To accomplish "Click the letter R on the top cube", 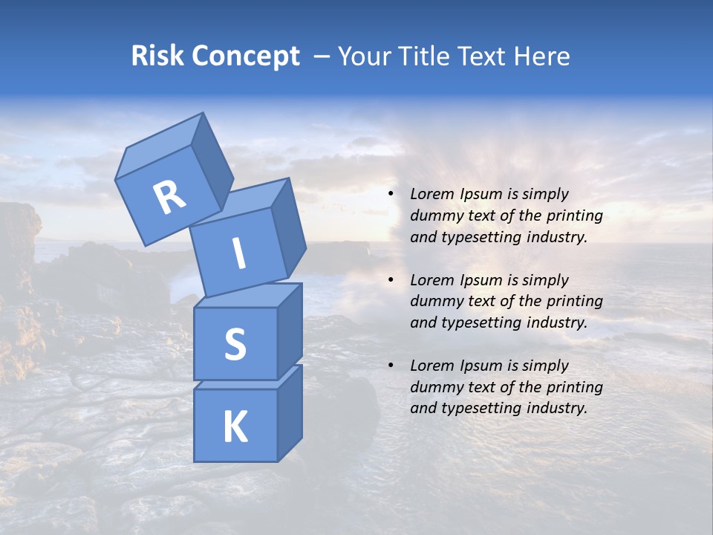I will pyautogui.click(x=170, y=198).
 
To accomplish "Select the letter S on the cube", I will pyautogui.click(x=235, y=345).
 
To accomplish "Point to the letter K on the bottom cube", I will pyautogui.click(x=235, y=427).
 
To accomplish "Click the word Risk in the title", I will pyautogui.click(x=158, y=56).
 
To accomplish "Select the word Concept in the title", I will pyautogui.click(x=246, y=56).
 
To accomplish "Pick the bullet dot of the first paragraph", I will pyautogui.click(x=391, y=194).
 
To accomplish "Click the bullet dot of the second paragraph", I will pyautogui.click(x=391, y=280).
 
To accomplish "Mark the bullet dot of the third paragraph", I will pyautogui.click(x=391, y=366).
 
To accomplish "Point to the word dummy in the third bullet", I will pyautogui.click(x=433, y=387).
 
